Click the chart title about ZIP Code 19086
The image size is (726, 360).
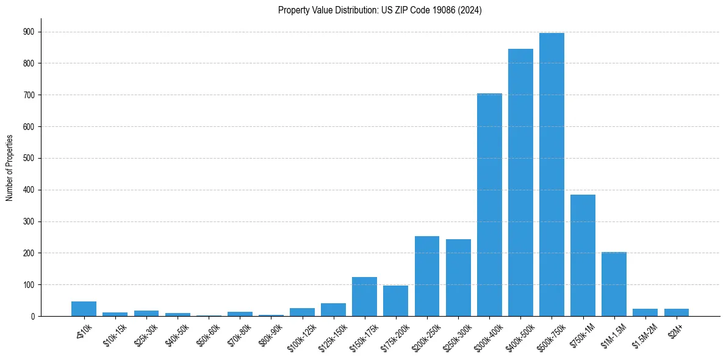(x=379, y=10)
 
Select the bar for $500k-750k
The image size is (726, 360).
(x=552, y=175)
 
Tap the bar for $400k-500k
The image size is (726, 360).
(x=520, y=182)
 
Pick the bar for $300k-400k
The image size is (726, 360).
(x=489, y=205)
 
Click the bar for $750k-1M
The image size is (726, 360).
(x=583, y=256)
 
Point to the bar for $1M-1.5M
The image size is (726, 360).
(x=614, y=284)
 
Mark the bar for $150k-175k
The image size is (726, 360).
(x=364, y=297)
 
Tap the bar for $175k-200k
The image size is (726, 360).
(x=395, y=301)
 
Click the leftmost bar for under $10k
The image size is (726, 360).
(x=84, y=309)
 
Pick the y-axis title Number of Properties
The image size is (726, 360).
(x=9, y=168)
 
